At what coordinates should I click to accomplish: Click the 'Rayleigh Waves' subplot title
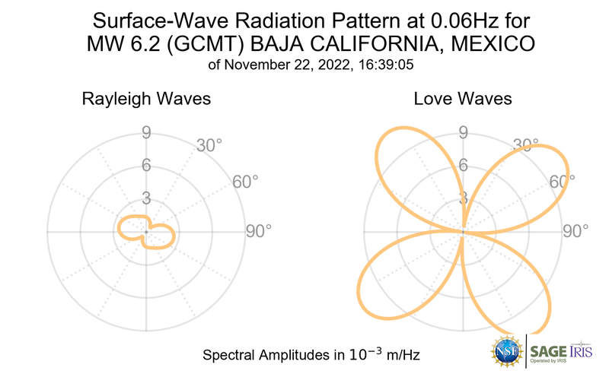(x=146, y=99)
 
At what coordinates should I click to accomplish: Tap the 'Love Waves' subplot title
(x=463, y=99)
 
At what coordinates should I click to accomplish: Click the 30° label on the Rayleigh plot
(x=208, y=144)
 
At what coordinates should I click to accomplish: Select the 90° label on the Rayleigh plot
(x=258, y=231)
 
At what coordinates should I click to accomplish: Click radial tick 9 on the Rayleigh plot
(x=146, y=133)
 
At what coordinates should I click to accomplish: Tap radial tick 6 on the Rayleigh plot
(x=146, y=166)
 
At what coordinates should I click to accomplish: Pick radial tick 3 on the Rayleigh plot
(x=146, y=199)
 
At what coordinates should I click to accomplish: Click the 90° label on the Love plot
(x=575, y=231)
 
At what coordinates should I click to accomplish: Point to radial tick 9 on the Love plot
(x=463, y=133)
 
